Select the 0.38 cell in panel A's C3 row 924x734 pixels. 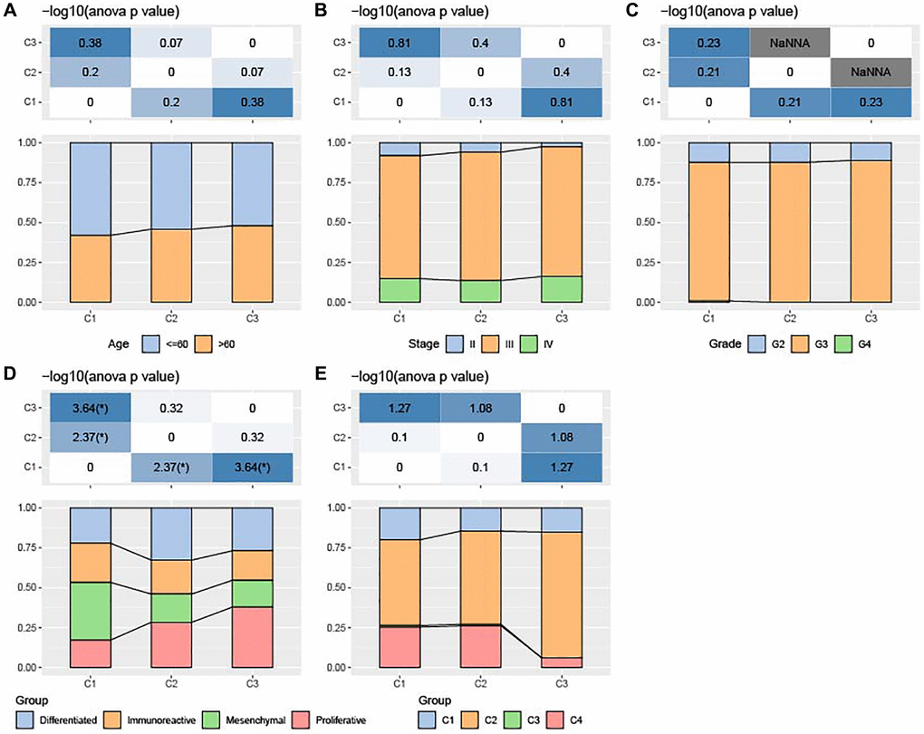(x=91, y=42)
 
